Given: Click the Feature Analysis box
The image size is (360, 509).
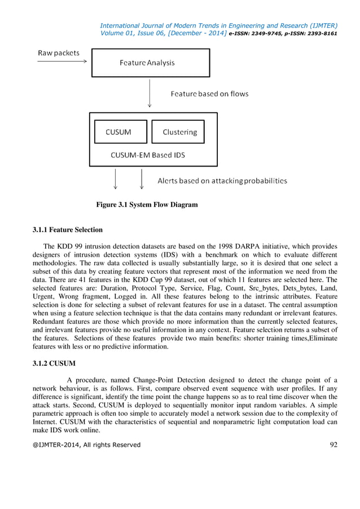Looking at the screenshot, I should pos(151,63).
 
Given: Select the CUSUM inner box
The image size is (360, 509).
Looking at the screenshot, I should pos(120,132).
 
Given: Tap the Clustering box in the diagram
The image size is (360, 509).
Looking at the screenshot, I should pos(178,132).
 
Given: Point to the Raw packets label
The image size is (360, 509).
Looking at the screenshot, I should pos(59,53).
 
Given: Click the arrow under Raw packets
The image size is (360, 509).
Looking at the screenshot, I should pos(62,62).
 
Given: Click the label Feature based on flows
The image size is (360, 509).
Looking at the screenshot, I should pos(209,94).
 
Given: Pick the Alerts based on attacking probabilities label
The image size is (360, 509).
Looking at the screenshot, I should pos(222,181).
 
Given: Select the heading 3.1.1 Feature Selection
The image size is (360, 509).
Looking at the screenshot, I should pos(68,230).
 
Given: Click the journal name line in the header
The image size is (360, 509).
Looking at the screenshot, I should pos(218,25).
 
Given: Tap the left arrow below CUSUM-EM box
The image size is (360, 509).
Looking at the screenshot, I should pos(116,179).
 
